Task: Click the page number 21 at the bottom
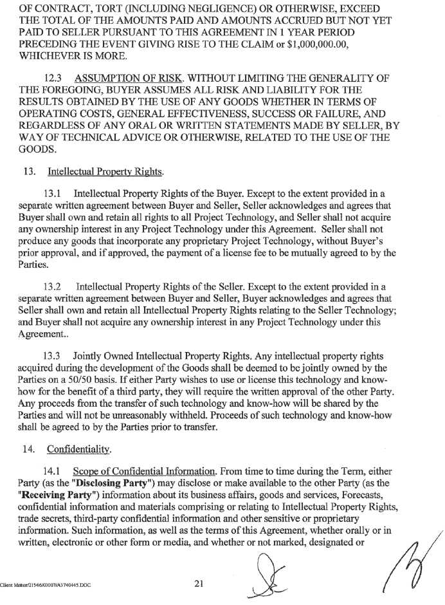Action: [x=199, y=584]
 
